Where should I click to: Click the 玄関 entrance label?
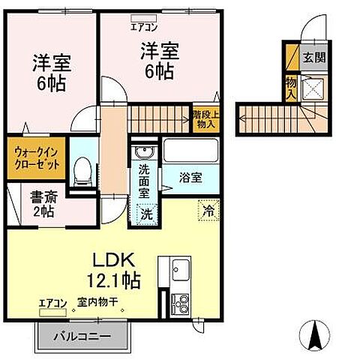pos(310,56)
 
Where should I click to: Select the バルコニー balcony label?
pos(82,337)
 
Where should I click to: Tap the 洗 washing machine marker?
pos(148,213)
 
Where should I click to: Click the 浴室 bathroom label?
pos(190,178)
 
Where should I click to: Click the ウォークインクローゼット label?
pos(35,158)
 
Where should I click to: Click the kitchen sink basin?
pos(179,270)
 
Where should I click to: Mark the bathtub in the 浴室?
pos(190,152)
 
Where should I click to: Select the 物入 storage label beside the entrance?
pos(291,86)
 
